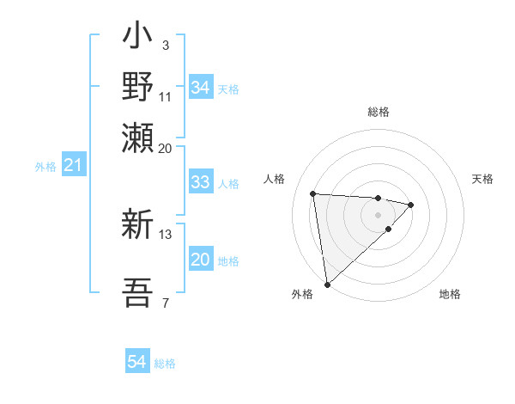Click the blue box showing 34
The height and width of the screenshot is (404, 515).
(x=200, y=87)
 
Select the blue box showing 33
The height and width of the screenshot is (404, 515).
(x=200, y=181)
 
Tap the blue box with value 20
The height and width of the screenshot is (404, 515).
(x=200, y=260)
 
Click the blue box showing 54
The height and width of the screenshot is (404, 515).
(x=137, y=362)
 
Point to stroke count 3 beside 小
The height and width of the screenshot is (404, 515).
(x=165, y=45)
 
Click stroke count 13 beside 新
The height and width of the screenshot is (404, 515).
(x=166, y=234)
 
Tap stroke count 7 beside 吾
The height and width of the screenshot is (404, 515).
(x=165, y=302)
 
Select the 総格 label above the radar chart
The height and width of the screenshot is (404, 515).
(x=378, y=112)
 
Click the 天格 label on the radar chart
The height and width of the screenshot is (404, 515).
(x=482, y=179)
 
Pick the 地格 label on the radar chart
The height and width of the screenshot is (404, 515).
(x=450, y=294)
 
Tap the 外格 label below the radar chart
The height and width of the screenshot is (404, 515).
(x=302, y=294)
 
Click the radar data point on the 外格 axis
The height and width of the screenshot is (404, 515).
(x=327, y=284)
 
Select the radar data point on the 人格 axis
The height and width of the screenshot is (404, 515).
(x=313, y=193)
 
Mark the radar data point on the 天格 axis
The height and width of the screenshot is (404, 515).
(x=412, y=205)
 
